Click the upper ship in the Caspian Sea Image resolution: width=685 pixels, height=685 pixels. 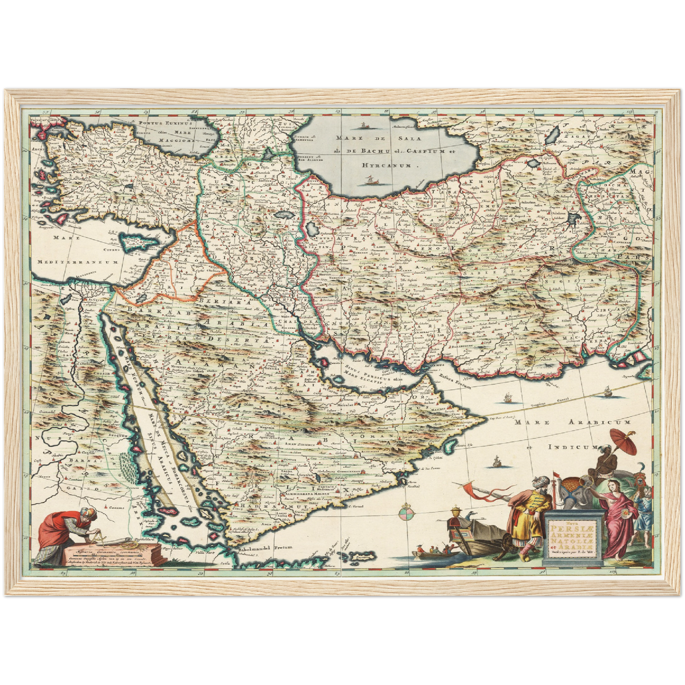pyautogui.click(x=364, y=126)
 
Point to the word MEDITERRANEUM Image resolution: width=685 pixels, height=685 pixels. pyautogui.click(x=78, y=262)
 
